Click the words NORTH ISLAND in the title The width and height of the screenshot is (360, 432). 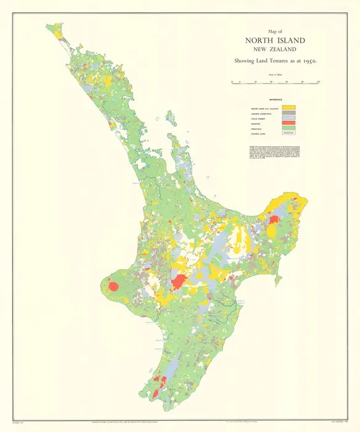(x=274, y=41)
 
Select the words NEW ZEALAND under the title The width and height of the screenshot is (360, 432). (x=274, y=50)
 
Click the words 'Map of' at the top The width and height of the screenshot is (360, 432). (x=274, y=31)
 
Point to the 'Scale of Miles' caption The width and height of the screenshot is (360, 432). (x=274, y=75)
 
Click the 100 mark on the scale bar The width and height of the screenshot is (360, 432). (x=318, y=81)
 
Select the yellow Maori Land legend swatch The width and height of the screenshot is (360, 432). (x=290, y=108)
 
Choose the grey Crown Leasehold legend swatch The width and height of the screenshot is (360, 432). (x=290, y=114)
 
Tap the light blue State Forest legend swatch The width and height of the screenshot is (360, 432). (x=290, y=119)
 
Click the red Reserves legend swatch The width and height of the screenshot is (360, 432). (x=290, y=124)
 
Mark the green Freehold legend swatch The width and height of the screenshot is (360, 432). (x=290, y=129)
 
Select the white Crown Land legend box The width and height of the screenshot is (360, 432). (x=290, y=134)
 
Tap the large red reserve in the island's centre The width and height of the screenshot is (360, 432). (x=179, y=282)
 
